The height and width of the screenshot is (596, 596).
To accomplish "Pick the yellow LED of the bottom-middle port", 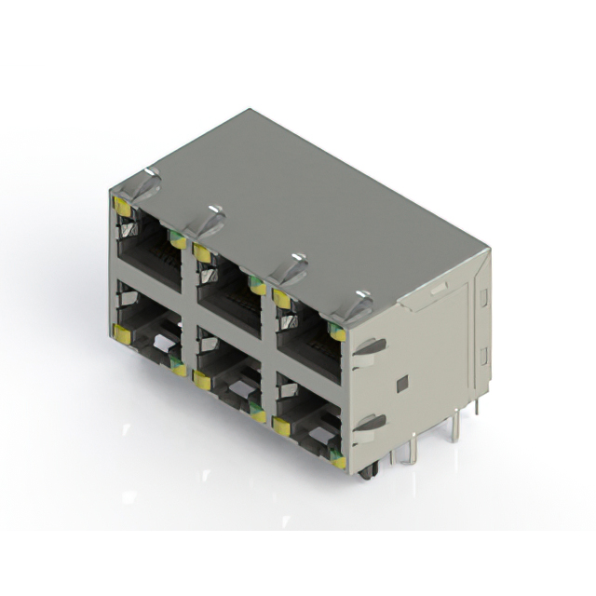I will [200, 378].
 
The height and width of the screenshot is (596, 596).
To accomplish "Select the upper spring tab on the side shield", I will [370, 346].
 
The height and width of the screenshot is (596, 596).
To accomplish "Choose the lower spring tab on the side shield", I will [370, 424].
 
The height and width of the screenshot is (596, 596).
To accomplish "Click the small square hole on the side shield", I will [401, 384].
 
